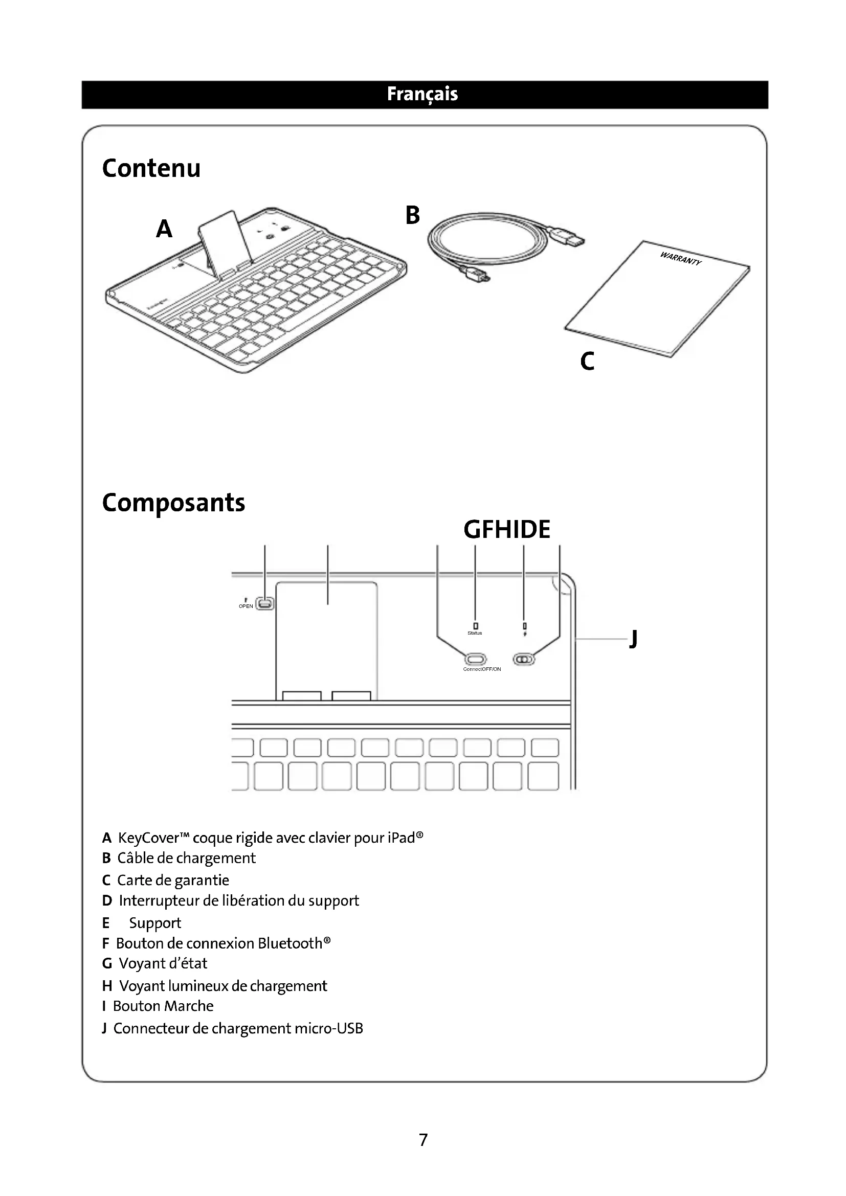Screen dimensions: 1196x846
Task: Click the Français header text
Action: pyautogui.click(x=422, y=94)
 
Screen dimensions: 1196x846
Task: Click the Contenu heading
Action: pyautogui.click(x=151, y=168)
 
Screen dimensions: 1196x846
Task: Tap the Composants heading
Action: pyautogui.click(x=173, y=503)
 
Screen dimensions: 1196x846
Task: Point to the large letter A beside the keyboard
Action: pyautogui.click(x=164, y=229)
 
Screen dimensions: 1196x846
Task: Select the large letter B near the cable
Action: pyautogui.click(x=412, y=215)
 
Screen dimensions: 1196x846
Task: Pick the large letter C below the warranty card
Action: pyautogui.click(x=587, y=361)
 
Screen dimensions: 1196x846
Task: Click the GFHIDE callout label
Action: pyautogui.click(x=506, y=530)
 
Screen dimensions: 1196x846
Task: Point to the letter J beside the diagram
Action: pyautogui.click(x=633, y=638)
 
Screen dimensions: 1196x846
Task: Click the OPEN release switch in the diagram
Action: pyautogui.click(x=265, y=604)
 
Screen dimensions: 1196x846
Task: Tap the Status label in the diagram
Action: pyautogui.click(x=475, y=633)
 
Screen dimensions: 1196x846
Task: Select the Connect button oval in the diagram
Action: pyautogui.click(x=475, y=659)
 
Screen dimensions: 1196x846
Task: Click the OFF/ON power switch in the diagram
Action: pyautogui.click(x=524, y=660)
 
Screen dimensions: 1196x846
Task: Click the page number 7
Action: pyautogui.click(x=423, y=1140)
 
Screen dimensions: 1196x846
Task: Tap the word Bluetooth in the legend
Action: pyautogui.click(x=290, y=943)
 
